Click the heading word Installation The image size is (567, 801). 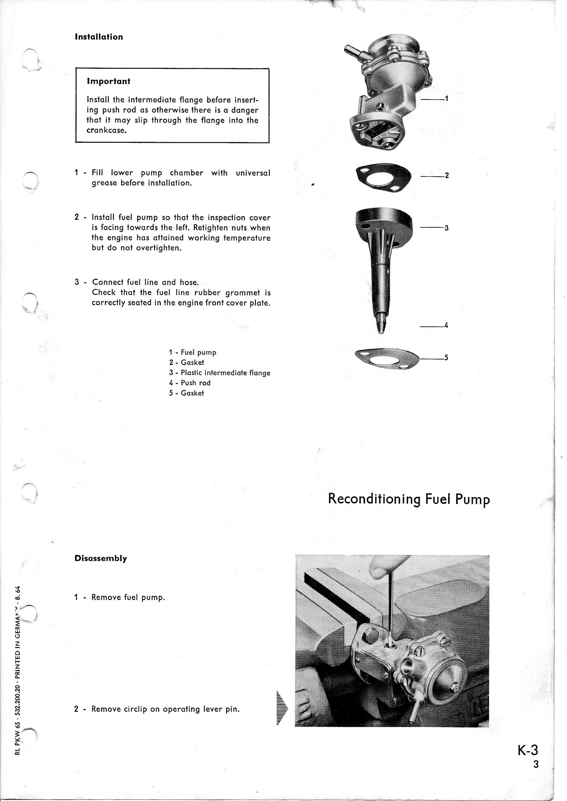pos(99,37)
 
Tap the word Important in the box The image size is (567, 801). pos(108,81)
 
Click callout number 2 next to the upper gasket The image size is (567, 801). pos(447,176)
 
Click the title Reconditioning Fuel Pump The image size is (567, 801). pos(409,499)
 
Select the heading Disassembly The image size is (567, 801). pos(101,558)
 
